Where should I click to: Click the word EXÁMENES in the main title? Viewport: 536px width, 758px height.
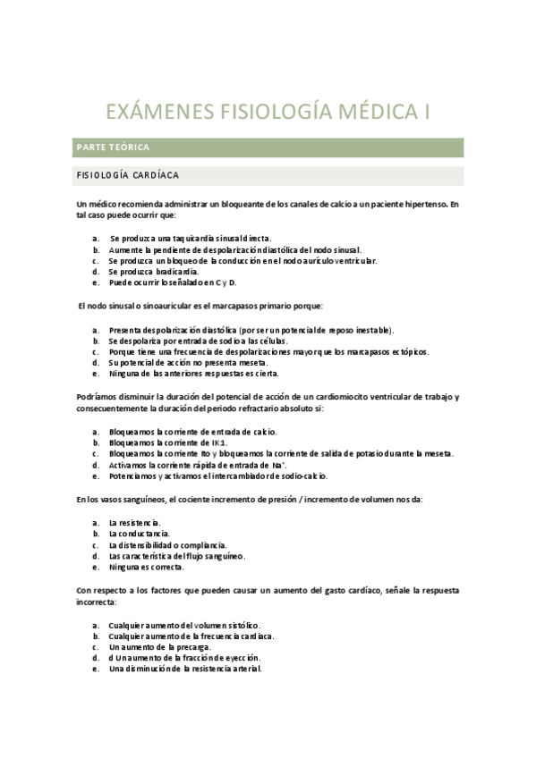pyautogui.click(x=157, y=113)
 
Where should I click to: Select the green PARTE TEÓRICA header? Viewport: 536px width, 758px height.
pyautogui.click(x=114, y=146)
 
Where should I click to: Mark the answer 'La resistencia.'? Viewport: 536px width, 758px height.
pyautogui.click(x=134, y=522)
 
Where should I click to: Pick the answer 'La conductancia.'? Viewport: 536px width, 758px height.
pyautogui.click(x=138, y=533)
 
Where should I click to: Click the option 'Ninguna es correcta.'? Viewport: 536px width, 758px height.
pyautogui.click(x=146, y=567)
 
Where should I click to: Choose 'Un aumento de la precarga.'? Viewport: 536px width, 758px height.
pyautogui.click(x=160, y=646)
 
